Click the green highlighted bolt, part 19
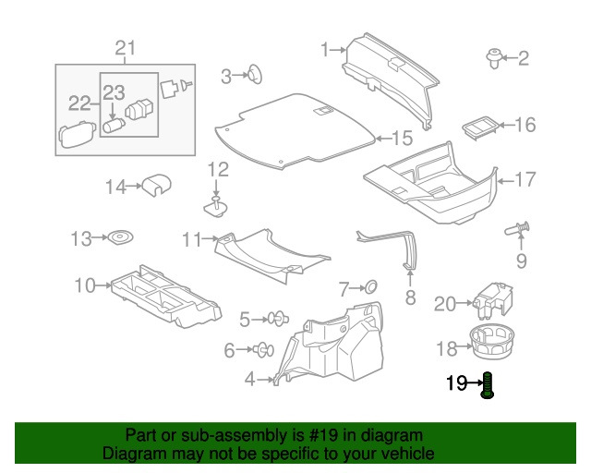tap(488, 384)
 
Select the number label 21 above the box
tap(125, 49)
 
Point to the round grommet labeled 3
tap(250, 75)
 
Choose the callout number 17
tap(524, 179)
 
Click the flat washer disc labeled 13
tap(120, 239)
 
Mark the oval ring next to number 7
tap(368, 287)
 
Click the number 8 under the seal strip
tap(411, 297)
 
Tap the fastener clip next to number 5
tap(275, 320)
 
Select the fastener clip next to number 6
tap(262, 349)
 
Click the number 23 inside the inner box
tap(113, 91)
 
